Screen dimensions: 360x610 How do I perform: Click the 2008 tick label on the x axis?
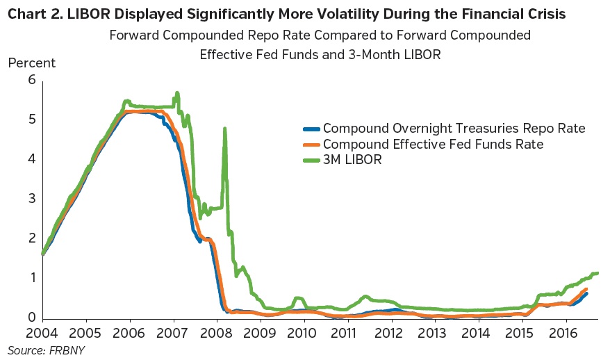point(217,333)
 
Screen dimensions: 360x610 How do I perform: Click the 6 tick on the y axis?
point(31,81)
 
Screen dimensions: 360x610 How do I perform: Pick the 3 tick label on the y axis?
point(31,199)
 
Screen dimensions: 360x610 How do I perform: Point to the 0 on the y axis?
point(31,318)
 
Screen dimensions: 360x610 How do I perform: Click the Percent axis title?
point(32,63)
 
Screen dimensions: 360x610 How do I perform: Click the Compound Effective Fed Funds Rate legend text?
point(433,145)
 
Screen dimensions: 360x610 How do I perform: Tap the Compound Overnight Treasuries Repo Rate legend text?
point(454,129)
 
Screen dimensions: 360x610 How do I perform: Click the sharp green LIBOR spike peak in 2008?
point(224,129)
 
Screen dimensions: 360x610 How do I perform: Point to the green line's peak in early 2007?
point(177,92)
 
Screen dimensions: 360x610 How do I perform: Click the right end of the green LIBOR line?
point(597,273)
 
